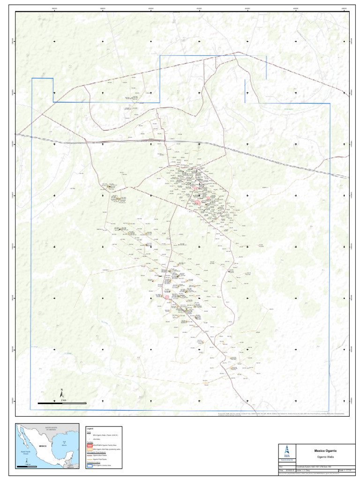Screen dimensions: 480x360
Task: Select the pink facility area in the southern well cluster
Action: [165, 297]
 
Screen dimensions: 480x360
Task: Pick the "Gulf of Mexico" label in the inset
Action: [65, 443]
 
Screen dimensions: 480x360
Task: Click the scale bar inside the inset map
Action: [27, 466]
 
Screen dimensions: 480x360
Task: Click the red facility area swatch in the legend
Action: [89, 445]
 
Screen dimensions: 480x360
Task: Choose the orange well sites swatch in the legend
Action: [89, 449]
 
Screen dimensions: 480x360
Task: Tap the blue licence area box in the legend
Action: [89, 466]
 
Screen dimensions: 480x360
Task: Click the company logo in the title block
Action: [287, 451]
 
